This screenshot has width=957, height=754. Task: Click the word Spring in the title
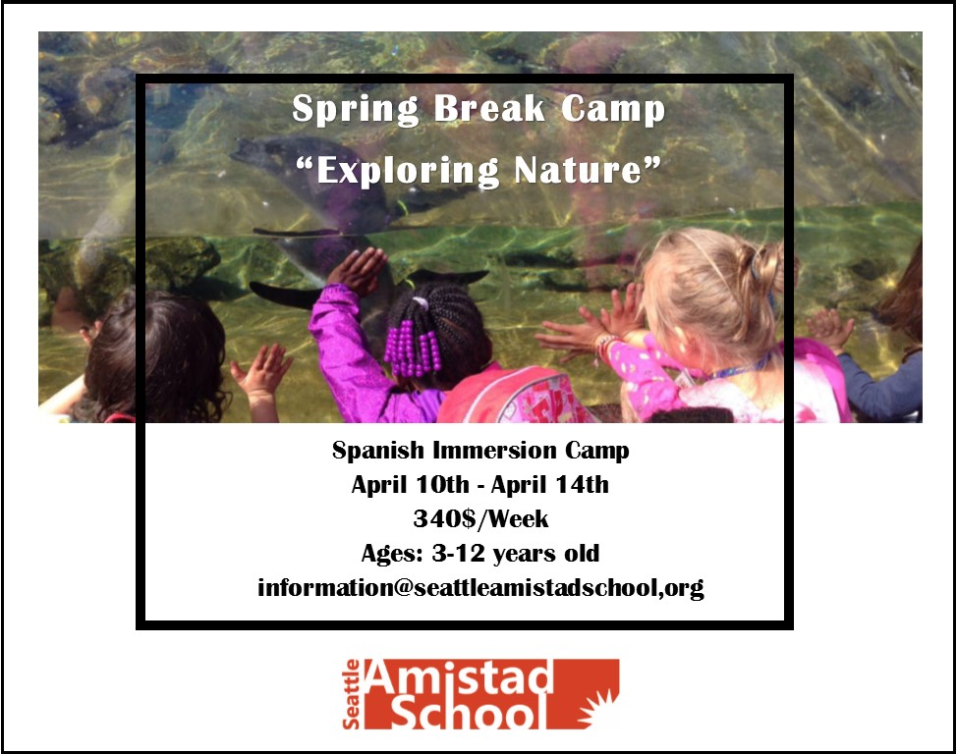(356, 110)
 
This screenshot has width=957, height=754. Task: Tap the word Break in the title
(489, 109)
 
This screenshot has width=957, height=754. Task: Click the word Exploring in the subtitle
(408, 172)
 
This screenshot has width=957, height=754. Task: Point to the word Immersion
(494, 451)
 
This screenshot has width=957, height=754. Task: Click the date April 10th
(410, 484)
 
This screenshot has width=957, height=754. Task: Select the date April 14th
(550, 484)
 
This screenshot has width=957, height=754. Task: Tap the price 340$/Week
(480, 518)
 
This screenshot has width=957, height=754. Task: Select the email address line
(480, 588)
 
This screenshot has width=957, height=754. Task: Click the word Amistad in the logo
(460, 677)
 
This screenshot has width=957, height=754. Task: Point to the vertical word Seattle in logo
(351, 694)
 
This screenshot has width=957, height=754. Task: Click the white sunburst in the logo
(597, 708)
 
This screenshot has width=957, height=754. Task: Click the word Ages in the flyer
(392, 554)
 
